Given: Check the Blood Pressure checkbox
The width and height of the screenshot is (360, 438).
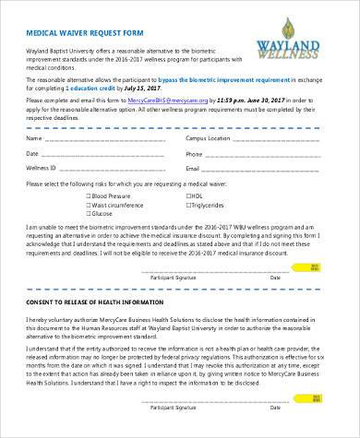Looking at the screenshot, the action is pyautogui.click(x=88, y=196).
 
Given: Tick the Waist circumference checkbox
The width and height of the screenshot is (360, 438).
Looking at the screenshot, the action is pyautogui.click(x=88, y=206).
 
